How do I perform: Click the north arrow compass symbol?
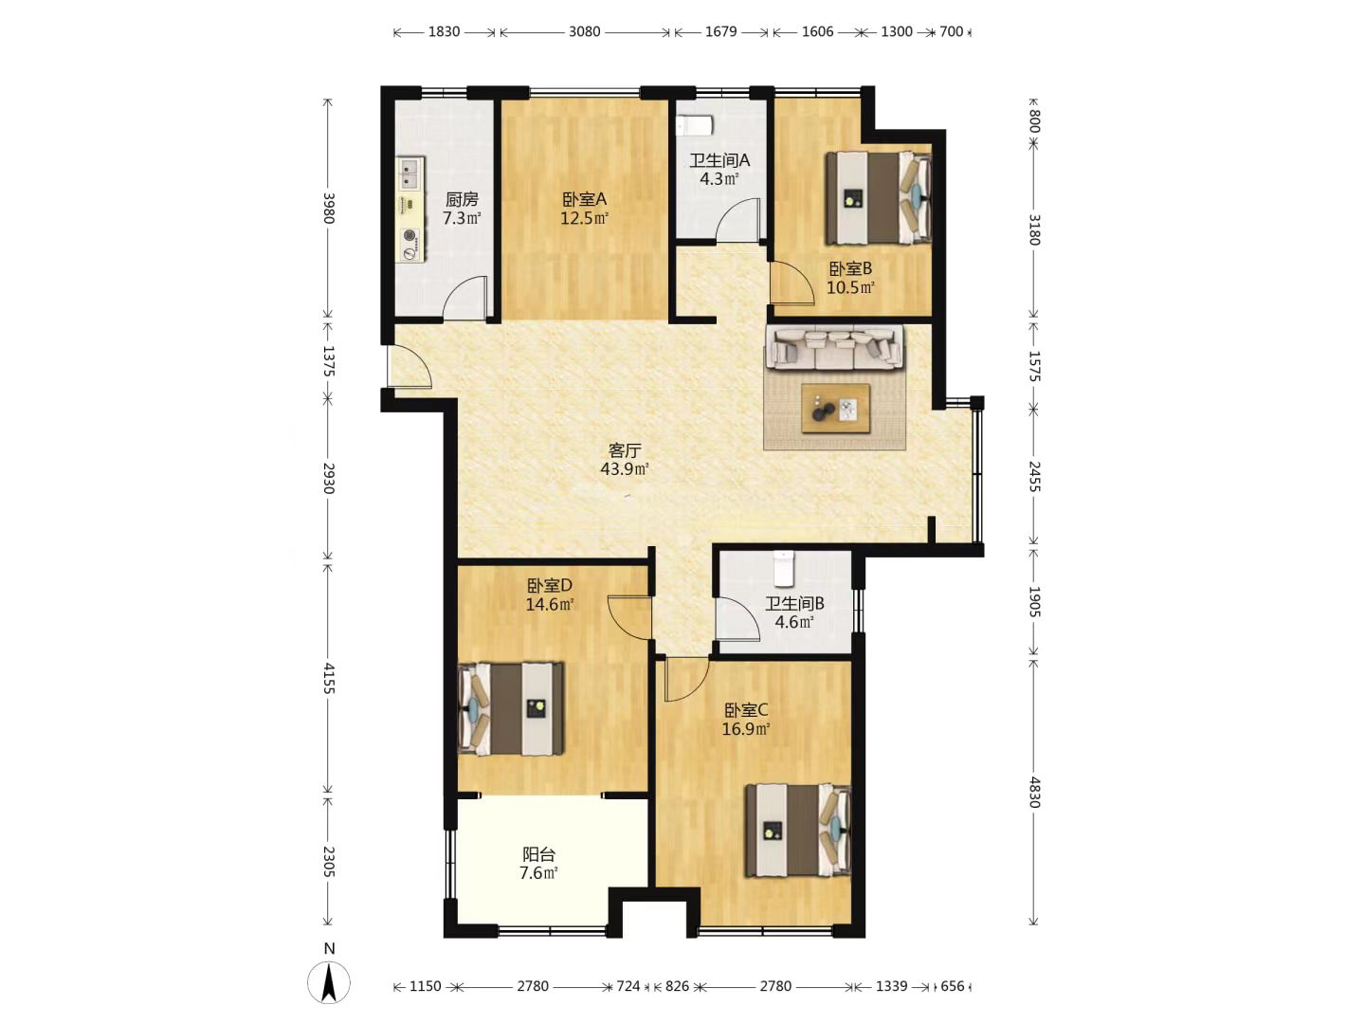click(x=329, y=981)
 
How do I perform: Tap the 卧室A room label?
click(x=584, y=199)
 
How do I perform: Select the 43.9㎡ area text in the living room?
click(x=625, y=468)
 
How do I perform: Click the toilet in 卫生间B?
click(x=784, y=568)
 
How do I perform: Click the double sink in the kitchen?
click(x=410, y=174)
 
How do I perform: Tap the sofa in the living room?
click(x=835, y=347)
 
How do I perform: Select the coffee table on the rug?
click(x=835, y=408)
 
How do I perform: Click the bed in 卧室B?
click(x=878, y=198)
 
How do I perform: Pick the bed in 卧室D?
click(x=511, y=709)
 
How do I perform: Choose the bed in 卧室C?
click(x=798, y=831)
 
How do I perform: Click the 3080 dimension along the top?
click(x=584, y=31)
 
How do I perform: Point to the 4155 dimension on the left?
click(x=329, y=678)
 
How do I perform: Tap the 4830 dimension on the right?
click(x=1033, y=792)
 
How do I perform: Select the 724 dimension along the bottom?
click(x=628, y=986)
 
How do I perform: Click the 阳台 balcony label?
click(x=538, y=854)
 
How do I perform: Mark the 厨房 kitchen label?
click(x=462, y=199)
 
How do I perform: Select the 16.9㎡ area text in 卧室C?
click(x=746, y=728)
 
